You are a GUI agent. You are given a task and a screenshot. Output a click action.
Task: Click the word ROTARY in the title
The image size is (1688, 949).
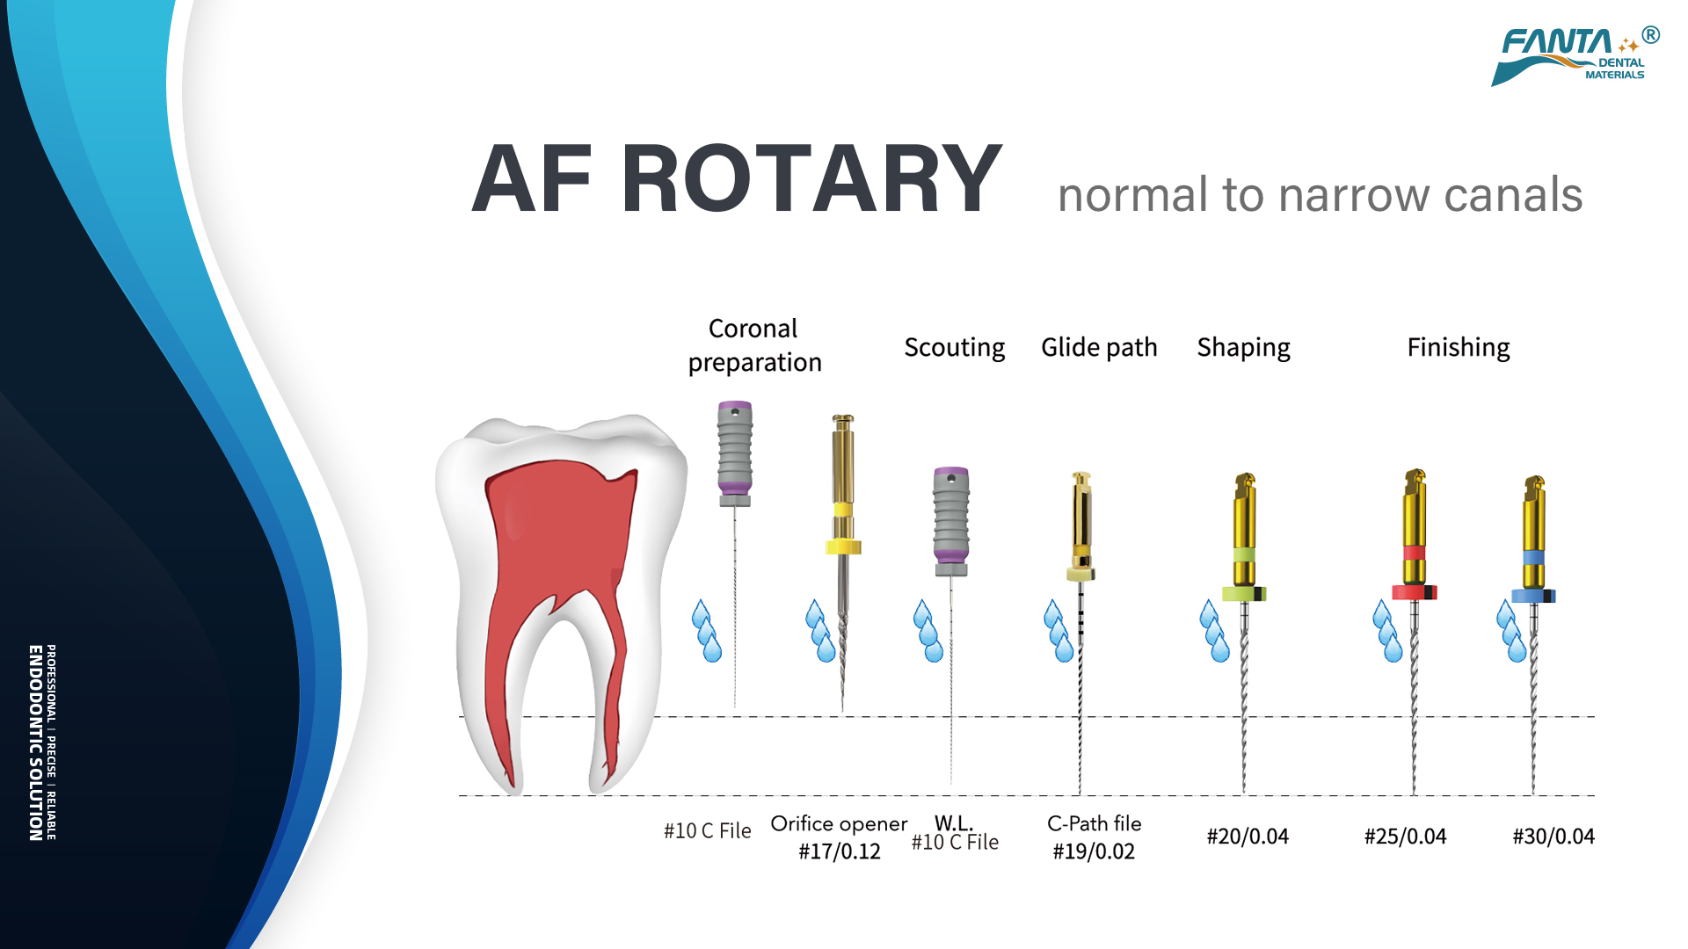click(811, 178)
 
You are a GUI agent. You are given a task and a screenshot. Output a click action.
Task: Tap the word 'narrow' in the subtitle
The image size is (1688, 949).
click(1355, 194)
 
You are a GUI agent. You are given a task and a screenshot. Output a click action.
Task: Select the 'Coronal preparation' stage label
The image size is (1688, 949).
click(754, 345)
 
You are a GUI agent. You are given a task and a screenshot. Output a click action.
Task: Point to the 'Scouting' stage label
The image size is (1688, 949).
click(954, 348)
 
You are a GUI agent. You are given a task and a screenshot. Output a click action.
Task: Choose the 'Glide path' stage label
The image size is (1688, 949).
click(1099, 348)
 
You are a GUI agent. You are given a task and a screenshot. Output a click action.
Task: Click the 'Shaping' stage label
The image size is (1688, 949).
click(1243, 348)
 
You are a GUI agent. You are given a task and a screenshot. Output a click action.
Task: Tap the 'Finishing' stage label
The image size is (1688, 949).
click(1459, 348)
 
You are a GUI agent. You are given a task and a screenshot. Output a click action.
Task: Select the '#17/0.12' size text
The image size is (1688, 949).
click(839, 851)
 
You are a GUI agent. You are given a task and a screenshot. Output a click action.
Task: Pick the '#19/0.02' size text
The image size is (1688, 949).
click(1094, 851)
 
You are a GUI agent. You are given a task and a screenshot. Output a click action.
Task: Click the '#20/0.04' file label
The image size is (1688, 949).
click(1248, 837)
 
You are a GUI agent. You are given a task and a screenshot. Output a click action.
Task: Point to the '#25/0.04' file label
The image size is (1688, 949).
click(1405, 837)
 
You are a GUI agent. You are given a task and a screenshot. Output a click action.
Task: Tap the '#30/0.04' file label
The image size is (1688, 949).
click(1553, 837)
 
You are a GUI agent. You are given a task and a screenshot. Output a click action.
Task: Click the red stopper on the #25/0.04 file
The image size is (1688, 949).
click(1414, 592)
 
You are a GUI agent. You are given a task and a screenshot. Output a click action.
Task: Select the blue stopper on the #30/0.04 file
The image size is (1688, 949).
click(1533, 596)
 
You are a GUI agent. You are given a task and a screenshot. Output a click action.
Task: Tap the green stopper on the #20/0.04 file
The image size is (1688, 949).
click(1244, 594)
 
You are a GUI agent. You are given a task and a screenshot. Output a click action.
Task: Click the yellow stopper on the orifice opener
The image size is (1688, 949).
click(843, 547)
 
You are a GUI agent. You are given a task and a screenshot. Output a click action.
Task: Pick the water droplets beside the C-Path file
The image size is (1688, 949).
click(1059, 630)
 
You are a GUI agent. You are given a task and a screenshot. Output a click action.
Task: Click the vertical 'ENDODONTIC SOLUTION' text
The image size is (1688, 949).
click(35, 743)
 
